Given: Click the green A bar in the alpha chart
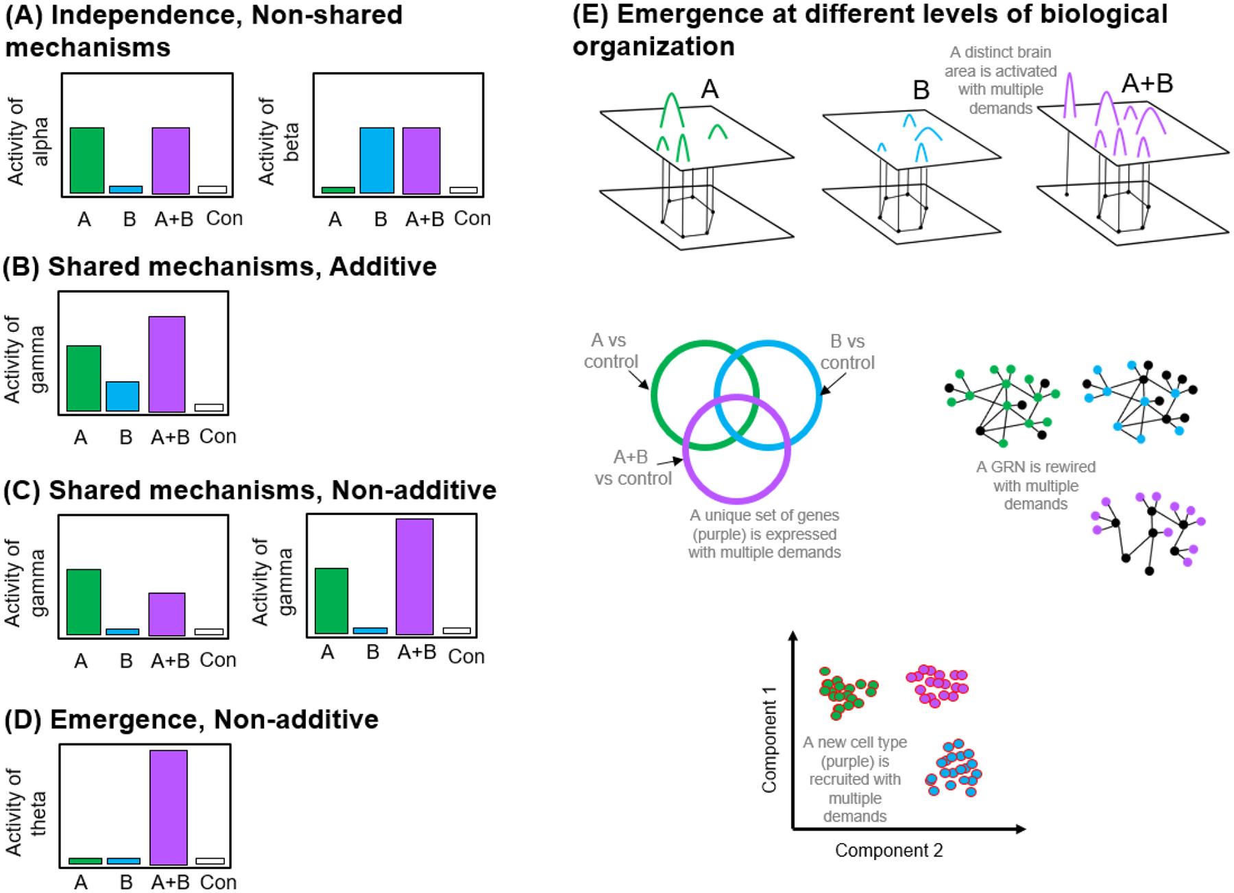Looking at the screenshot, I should (x=87, y=160).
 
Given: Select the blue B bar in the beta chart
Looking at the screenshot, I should (x=377, y=160).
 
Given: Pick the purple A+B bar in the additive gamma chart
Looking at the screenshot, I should (x=167, y=364).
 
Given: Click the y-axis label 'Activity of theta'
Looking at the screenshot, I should (x=26, y=813).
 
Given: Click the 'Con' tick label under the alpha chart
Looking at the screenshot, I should (x=224, y=219).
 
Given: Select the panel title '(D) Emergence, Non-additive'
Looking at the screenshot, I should (x=191, y=719).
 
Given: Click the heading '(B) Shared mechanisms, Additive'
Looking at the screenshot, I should (x=220, y=267).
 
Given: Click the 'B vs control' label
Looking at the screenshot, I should (x=847, y=352).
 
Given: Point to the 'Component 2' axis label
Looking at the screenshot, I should (x=888, y=850).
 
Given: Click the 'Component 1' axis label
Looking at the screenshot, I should (x=769, y=739).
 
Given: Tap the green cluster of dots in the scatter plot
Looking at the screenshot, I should (x=847, y=691).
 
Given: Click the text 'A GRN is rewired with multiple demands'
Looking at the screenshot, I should (x=1035, y=486).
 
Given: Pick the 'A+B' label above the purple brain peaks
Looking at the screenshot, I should (x=1147, y=84).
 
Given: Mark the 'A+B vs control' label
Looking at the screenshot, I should (x=632, y=468).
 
